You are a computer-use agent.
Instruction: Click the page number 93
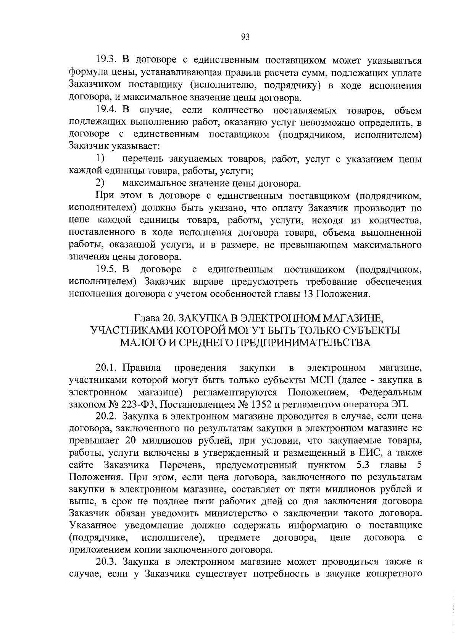(245, 37)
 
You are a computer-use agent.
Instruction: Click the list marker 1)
(100, 158)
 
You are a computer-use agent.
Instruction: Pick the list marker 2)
(100, 183)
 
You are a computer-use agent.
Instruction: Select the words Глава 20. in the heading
(156, 318)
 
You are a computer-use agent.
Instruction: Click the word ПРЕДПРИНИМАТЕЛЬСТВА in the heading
(304, 342)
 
